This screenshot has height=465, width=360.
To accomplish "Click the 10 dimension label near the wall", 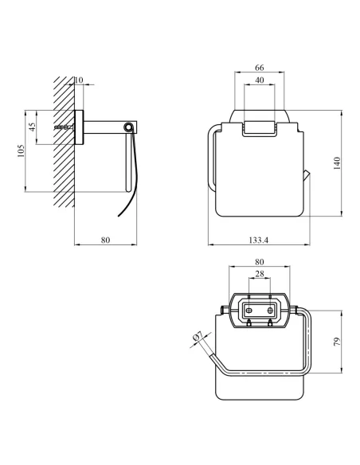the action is pyautogui.click(x=79, y=80).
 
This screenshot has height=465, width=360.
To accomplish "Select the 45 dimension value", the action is pyautogui.click(x=33, y=127).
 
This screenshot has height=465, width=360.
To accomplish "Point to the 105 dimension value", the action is pyautogui.click(x=20, y=151).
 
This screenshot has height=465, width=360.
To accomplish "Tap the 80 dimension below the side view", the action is pyautogui.click(x=105, y=240).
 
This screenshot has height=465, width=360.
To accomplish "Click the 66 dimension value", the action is pyautogui.click(x=259, y=68).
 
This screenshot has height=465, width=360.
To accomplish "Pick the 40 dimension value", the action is pyautogui.click(x=259, y=80).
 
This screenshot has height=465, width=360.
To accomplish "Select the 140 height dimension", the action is pyautogui.click(x=337, y=163).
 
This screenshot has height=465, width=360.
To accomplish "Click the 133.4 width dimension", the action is pyautogui.click(x=258, y=240).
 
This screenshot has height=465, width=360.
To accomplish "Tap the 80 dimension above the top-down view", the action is pyautogui.click(x=259, y=262).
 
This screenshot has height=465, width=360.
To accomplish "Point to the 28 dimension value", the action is pyautogui.click(x=259, y=274).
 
